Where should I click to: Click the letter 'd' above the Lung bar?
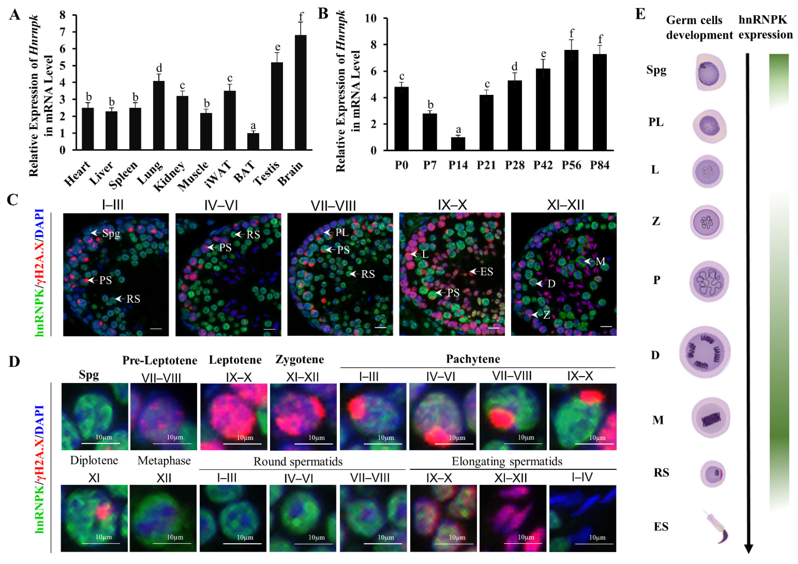coord(159,68)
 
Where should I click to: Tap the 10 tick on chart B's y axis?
coord(371,18)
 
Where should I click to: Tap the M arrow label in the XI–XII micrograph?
coord(600,261)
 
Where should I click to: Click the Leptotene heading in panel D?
coord(235,360)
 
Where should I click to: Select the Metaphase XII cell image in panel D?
coord(163,518)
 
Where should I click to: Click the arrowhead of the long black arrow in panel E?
coord(748,549)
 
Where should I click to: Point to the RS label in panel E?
coord(661,472)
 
